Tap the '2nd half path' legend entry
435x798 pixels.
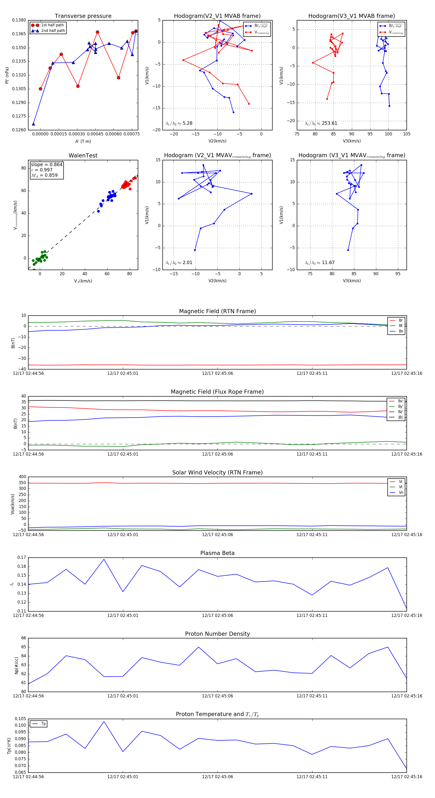click(x=53, y=31)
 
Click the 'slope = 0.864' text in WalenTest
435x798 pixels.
click(x=46, y=164)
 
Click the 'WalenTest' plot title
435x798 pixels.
click(x=83, y=155)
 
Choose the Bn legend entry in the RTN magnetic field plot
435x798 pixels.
click(x=401, y=331)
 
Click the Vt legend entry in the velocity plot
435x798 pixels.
click(x=401, y=487)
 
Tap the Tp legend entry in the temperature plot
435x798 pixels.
click(x=43, y=724)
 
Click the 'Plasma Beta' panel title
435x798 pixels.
click(x=217, y=553)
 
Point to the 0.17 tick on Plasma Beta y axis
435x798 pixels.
click(x=22, y=558)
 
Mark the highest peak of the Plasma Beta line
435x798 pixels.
click(x=104, y=559)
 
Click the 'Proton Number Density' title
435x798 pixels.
click(x=217, y=634)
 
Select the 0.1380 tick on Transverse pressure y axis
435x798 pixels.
click(x=19, y=20)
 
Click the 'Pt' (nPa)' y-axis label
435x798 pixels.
click(x=7, y=75)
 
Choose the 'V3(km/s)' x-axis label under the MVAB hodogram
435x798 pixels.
click(x=352, y=141)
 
